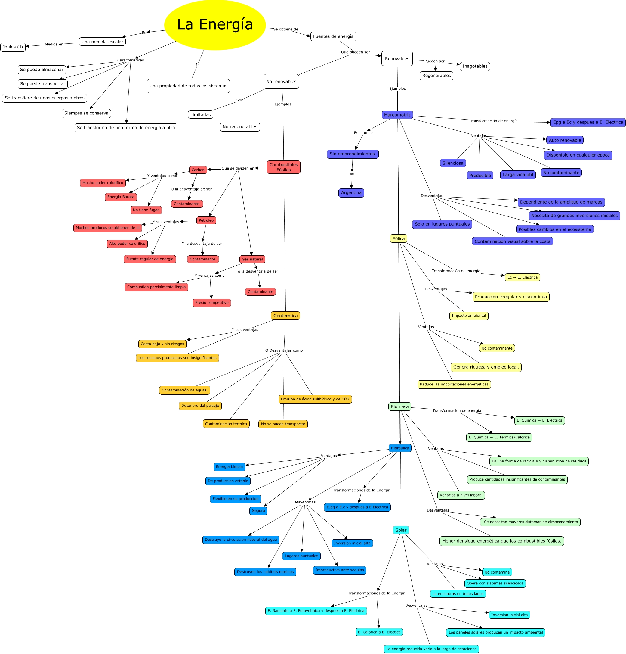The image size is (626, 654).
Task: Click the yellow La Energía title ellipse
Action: coord(215,25)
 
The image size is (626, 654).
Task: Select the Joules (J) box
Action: coord(13,47)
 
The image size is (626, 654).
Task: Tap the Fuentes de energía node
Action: coord(333,36)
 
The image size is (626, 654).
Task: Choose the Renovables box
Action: coord(397,59)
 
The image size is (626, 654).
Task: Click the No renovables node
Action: coord(281,81)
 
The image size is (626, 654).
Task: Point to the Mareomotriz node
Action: coord(397,115)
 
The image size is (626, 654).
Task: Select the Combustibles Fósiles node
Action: coord(283,167)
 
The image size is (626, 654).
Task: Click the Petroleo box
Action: coord(206,220)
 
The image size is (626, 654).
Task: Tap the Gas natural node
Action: coord(252,259)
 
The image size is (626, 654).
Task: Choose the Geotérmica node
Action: coord(285,316)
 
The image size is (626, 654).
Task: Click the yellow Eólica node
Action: coord(398,238)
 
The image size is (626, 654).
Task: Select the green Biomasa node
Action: coord(399,406)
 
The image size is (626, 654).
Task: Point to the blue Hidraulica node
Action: coord(400,448)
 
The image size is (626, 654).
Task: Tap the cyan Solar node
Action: coord(401,530)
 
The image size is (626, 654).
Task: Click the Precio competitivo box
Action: coord(212,303)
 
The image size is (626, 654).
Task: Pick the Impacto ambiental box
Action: coord(469,316)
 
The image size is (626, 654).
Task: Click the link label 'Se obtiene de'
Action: coord(285,30)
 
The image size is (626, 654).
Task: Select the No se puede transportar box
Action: coord(283,424)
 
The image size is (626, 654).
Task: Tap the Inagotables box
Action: coord(475,67)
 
